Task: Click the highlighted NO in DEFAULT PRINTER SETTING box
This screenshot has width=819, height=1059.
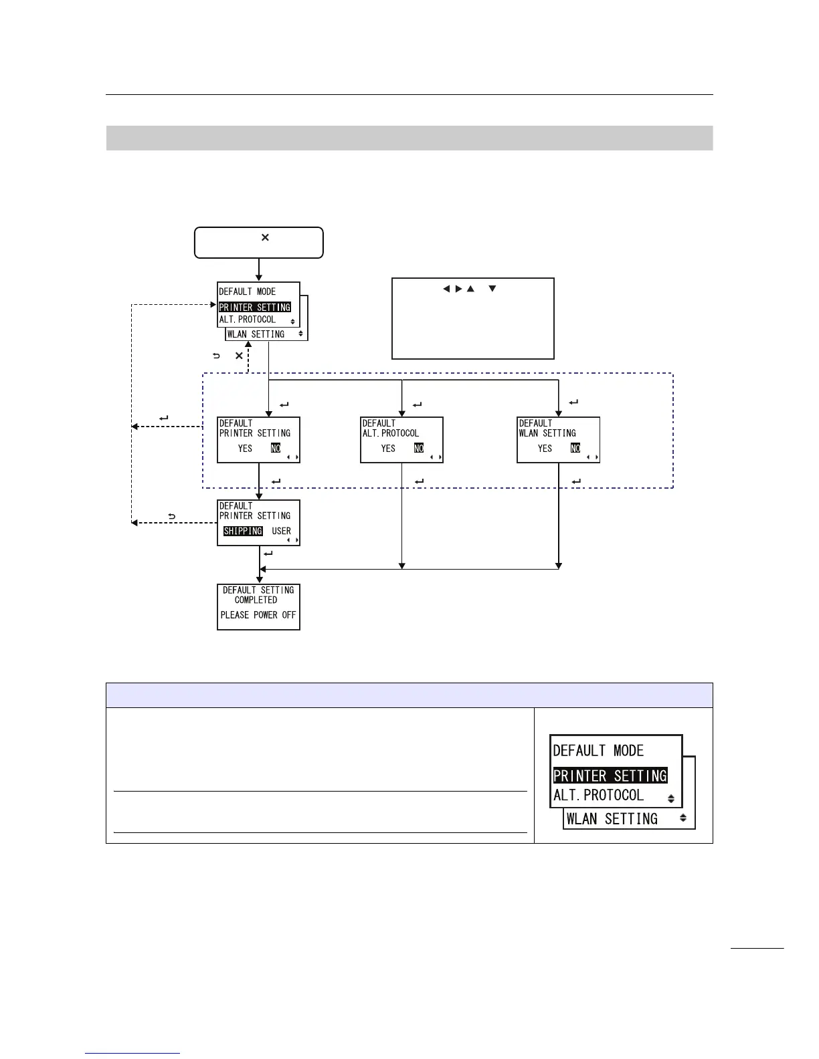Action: (276, 449)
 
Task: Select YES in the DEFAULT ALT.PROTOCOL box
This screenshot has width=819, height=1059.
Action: (388, 449)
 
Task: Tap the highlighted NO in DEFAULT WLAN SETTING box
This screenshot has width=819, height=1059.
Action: (575, 449)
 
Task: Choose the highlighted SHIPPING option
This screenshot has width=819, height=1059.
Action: (243, 532)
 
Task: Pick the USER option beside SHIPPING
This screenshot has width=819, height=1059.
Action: (281, 532)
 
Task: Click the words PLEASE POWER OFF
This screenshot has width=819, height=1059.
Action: (258, 615)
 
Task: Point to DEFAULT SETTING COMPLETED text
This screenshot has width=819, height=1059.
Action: (258, 595)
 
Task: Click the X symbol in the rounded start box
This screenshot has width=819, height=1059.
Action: (265, 237)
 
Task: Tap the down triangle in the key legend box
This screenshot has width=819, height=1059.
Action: (492, 289)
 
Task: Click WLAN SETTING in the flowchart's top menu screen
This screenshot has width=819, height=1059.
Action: (256, 334)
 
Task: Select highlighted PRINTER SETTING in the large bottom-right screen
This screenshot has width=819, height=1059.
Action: (610, 776)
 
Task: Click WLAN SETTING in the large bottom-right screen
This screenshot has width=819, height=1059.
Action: (612, 819)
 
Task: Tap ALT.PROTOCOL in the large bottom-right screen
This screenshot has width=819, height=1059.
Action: (598, 796)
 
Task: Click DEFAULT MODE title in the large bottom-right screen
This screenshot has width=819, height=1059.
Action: (598, 751)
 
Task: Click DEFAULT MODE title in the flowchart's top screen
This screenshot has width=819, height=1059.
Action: (248, 292)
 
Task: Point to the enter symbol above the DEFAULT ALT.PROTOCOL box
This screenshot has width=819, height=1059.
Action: (418, 404)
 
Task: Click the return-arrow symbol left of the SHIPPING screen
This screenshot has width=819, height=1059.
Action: (172, 517)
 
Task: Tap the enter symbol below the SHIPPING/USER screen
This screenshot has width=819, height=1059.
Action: (268, 554)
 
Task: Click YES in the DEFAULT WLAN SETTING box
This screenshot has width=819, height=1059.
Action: (545, 449)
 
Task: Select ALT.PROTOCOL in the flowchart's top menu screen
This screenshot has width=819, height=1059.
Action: (248, 320)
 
